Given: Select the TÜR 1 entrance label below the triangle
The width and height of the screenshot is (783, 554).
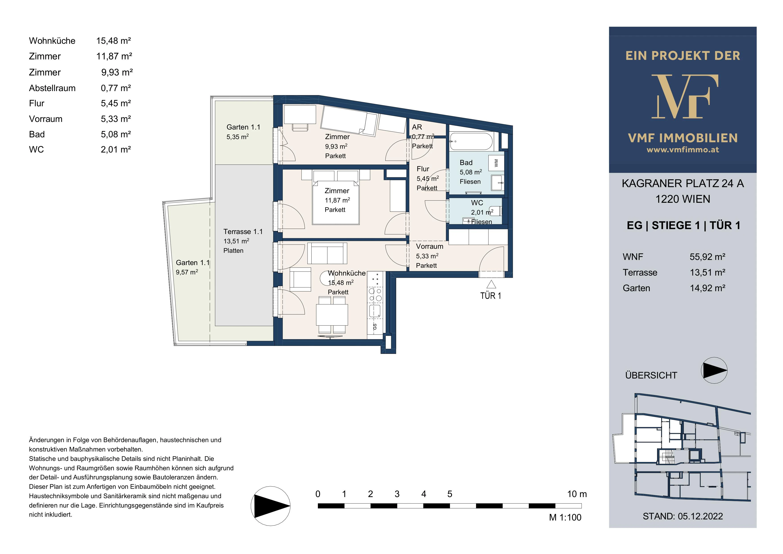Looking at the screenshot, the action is pyautogui.click(x=491, y=296).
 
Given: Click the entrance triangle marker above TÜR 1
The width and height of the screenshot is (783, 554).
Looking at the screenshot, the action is pyautogui.click(x=491, y=284).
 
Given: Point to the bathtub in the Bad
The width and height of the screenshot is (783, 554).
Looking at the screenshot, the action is pyautogui.click(x=471, y=141).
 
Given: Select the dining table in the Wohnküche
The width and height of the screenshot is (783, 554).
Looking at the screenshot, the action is pyautogui.click(x=332, y=315).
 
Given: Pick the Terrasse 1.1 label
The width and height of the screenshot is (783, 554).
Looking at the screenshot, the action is pyautogui.click(x=243, y=232).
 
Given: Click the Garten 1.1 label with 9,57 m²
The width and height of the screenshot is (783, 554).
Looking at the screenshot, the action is pyautogui.click(x=193, y=267).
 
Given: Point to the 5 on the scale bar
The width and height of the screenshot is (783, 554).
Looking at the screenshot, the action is pyautogui.click(x=450, y=494).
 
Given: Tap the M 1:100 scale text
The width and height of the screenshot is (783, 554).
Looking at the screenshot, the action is pyautogui.click(x=565, y=518).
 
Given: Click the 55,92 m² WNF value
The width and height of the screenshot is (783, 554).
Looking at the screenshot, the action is pyautogui.click(x=707, y=257).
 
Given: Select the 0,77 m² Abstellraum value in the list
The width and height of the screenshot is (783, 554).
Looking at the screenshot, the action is pyautogui.click(x=116, y=88).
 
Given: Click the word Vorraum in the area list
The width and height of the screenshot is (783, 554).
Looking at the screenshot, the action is pyautogui.click(x=46, y=119).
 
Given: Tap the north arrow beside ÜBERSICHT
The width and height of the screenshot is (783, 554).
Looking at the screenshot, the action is pyautogui.click(x=714, y=370).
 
